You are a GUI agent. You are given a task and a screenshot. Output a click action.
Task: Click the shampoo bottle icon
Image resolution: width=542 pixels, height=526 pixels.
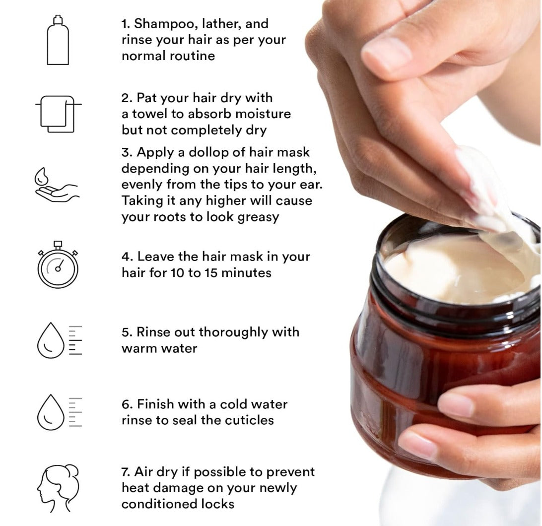(x=58, y=41)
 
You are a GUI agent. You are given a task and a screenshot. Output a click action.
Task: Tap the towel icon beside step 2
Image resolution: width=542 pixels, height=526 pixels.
(x=58, y=113)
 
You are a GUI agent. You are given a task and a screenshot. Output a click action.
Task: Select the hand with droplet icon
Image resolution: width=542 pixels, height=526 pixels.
(x=56, y=185)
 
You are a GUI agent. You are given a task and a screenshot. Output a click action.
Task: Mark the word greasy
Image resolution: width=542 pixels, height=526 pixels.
(x=255, y=217)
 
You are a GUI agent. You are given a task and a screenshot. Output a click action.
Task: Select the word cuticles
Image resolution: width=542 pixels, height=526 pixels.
(x=248, y=420)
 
